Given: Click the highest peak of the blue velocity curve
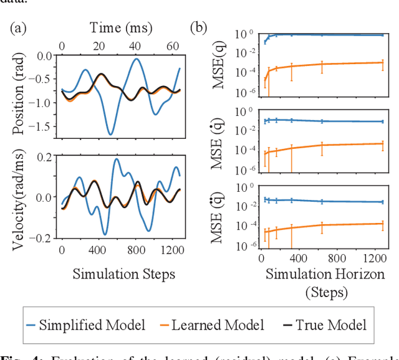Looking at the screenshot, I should tap(116, 159).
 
